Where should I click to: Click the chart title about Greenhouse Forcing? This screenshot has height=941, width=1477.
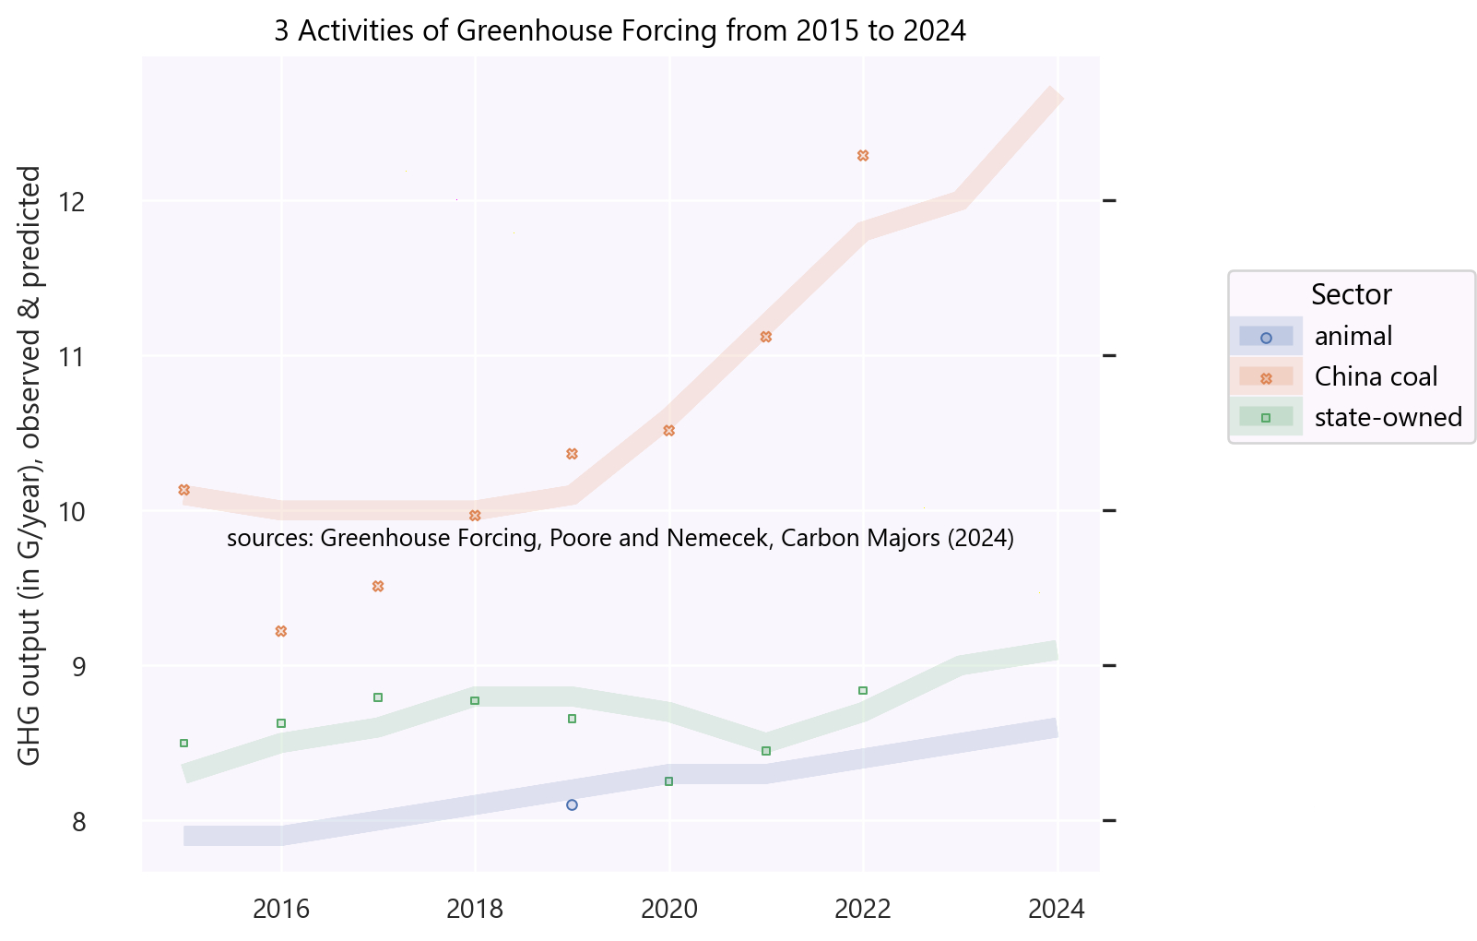pyautogui.click(x=620, y=31)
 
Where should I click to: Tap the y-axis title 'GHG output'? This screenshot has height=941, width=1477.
pyautogui.click(x=30, y=466)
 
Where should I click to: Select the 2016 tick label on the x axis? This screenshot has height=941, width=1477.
pyautogui.click(x=281, y=910)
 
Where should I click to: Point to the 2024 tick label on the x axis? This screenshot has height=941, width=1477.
pyautogui.click(x=1057, y=910)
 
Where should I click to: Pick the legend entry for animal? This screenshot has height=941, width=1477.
pyautogui.click(x=1353, y=337)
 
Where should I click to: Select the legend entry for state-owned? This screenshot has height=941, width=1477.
pyautogui.click(x=1388, y=418)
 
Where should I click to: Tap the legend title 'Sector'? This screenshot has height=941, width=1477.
pyautogui.click(x=1351, y=295)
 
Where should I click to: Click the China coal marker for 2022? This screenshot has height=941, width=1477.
pyautogui.click(x=863, y=156)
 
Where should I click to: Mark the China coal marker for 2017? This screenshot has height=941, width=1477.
pyautogui.click(x=378, y=587)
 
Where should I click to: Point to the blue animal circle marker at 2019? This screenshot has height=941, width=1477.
pyautogui.click(x=572, y=805)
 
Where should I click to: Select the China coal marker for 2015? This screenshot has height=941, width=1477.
pyautogui.click(x=183, y=490)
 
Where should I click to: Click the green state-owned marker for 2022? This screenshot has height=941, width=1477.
pyautogui.click(x=863, y=691)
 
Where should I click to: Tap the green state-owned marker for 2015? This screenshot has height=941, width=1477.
pyautogui.click(x=183, y=744)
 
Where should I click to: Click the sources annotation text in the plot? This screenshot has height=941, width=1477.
pyautogui.click(x=620, y=539)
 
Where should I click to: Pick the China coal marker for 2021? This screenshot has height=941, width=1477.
pyautogui.click(x=765, y=337)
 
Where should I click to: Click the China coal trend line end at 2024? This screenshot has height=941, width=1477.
pyautogui.click(x=1056, y=95)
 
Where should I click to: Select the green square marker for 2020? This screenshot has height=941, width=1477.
pyautogui.click(x=669, y=781)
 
